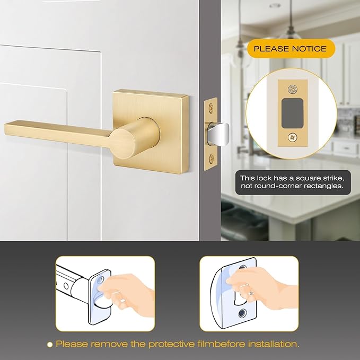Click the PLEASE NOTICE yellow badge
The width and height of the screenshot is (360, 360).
click(x=290, y=49)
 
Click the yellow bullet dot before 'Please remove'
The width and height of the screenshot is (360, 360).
click(x=50, y=344)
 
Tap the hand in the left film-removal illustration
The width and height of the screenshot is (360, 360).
click(x=125, y=289)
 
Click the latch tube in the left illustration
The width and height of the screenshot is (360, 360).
click(x=74, y=281)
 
